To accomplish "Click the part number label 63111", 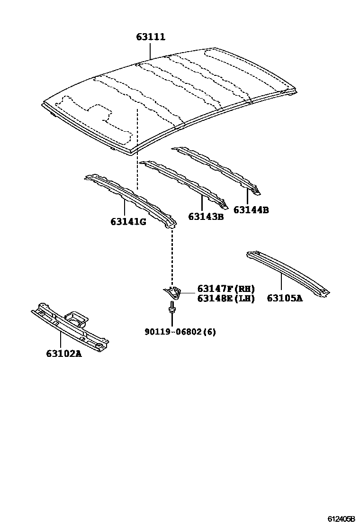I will click(151, 37).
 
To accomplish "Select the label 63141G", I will click(128, 221).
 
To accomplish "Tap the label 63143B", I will click(206, 217).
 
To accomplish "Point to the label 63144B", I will click(251, 209).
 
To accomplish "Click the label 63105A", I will click(284, 298).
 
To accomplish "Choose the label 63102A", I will click(64, 354).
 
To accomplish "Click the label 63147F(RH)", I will click(226, 289).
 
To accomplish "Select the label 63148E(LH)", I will click(226, 299).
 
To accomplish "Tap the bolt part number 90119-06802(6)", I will click(180, 332).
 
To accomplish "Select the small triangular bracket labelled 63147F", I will click(173, 292).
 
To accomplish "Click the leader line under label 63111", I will click(151, 51).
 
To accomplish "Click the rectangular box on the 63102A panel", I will click(74, 318).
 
